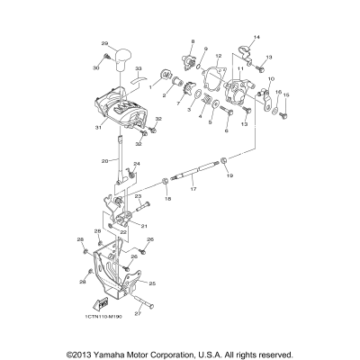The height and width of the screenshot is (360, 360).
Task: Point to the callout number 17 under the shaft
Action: point(193,190)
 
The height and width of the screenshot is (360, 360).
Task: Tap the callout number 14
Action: point(256,36)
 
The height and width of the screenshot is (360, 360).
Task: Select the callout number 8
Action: point(191,42)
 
